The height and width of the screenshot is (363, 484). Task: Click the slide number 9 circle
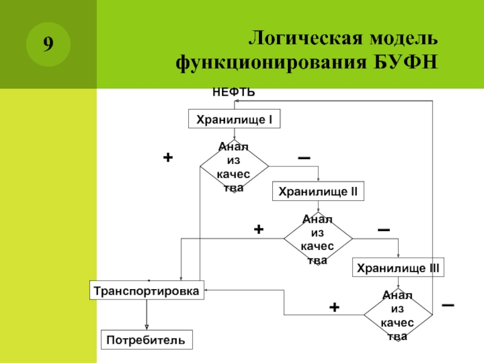[x=48, y=44]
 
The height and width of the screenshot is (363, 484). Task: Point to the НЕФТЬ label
[x=234, y=93]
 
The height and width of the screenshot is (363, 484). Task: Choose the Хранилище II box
[x=318, y=192]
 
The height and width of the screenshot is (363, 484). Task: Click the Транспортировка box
[x=146, y=290]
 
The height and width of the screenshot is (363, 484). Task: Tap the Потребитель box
[x=146, y=340]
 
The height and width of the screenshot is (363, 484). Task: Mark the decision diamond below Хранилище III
[x=397, y=315]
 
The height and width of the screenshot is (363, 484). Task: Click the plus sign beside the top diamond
[x=168, y=157]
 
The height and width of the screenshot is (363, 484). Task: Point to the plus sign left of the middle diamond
[x=258, y=229]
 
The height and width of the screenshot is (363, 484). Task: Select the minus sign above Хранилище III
[x=384, y=231]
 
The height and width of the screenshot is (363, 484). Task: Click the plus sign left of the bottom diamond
[x=334, y=307]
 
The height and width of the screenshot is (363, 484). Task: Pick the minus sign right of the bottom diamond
[x=448, y=306]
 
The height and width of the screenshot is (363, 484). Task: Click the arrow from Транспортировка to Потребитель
[x=146, y=314]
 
